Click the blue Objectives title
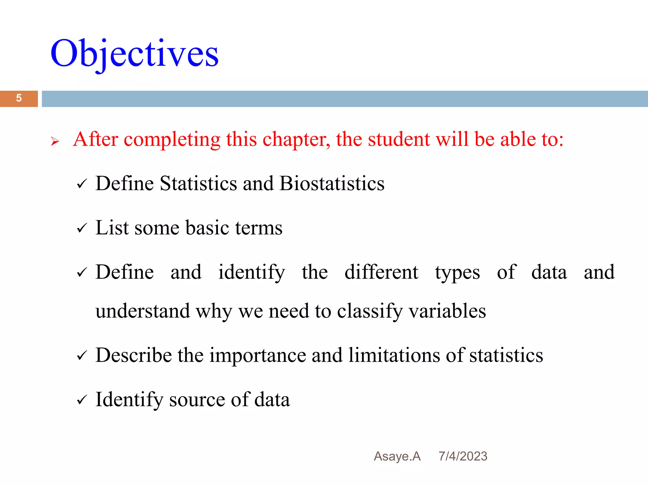pos(134,54)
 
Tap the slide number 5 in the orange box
pos(19,98)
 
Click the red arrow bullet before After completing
pos(55,141)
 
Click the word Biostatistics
pos(332,184)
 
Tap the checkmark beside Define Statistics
pos(82,184)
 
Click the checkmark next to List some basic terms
pos(82,228)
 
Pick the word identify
pos(252,273)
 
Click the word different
pos(381,272)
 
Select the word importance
pos(258,356)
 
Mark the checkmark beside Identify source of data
pos(82,400)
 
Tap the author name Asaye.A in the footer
pos(397,456)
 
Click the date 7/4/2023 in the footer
pos(463,456)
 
